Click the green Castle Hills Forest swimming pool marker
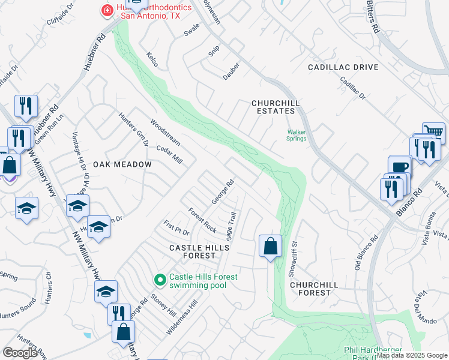160,280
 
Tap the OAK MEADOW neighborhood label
118,164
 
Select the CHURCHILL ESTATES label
276,107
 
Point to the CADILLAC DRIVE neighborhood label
343,67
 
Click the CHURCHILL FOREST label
310,289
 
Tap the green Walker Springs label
297,135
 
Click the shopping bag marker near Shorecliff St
270,246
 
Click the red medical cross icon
107,10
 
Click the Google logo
20,353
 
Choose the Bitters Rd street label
373,16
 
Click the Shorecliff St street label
294,259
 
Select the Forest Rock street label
202,220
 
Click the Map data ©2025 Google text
412,355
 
